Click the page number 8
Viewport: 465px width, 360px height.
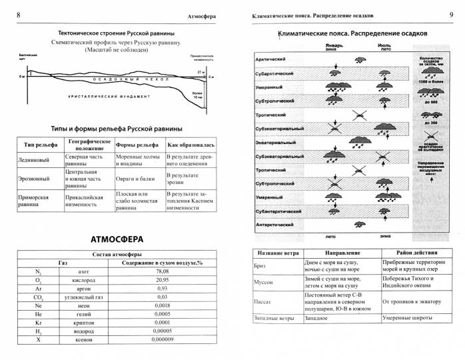17,15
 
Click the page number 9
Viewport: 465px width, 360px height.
451,15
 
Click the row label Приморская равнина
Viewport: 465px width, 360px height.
35,203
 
